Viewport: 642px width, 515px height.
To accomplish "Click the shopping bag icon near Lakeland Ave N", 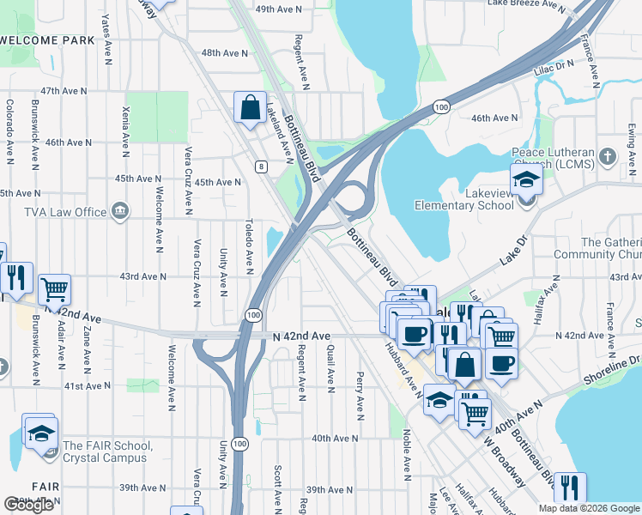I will coord(250,109).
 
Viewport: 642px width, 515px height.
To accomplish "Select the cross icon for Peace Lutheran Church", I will coord(608,156).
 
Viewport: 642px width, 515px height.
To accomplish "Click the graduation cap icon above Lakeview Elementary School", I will coord(525,180).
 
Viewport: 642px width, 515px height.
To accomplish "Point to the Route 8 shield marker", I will coord(258,167).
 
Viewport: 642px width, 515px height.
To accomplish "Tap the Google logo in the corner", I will coord(28,505).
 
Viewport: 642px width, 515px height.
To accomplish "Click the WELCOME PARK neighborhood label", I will coord(47,40).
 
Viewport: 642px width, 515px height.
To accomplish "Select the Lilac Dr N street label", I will coord(553,65).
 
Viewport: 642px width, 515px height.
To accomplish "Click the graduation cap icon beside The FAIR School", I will coord(40,433).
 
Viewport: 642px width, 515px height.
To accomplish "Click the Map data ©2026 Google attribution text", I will coord(589,508).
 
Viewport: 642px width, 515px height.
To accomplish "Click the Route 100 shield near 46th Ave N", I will coord(440,106).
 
